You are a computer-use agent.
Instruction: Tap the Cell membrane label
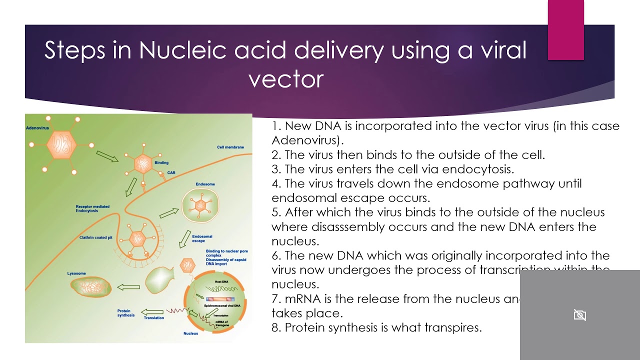pos(230,147)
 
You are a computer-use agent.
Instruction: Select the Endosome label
pos(205,184)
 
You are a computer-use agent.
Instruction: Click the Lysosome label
pos(76,273)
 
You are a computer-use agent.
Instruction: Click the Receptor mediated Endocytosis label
pos(92,208)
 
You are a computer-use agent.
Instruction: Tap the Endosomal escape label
pos(202,238)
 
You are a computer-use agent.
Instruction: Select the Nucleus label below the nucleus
pos(190,333)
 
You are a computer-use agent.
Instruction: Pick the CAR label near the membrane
pos(171,172)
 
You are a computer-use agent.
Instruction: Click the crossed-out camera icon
pos(579,315)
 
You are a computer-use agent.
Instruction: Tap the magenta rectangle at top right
pos(565,30)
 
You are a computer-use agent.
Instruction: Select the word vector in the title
pos(286,79)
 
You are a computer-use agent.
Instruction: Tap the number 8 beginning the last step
pos(275,328)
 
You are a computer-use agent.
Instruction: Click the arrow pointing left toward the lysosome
pos(128,287)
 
